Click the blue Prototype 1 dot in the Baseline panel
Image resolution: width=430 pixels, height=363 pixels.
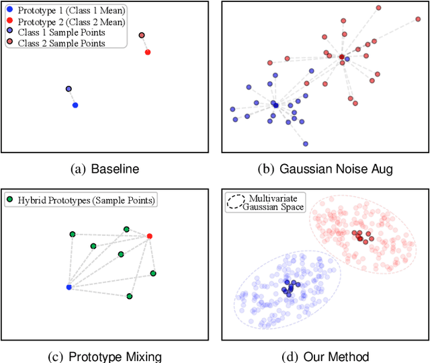[75, 105]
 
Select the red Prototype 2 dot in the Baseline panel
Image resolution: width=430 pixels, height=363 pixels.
[148, 52]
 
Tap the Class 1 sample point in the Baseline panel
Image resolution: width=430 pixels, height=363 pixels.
[69, 89]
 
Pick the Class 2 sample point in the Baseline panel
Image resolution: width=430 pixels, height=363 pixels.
[141, 35]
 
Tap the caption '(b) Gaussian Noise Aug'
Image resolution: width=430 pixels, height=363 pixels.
[325, 169]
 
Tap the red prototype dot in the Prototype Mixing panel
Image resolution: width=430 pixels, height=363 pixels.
[149, 236]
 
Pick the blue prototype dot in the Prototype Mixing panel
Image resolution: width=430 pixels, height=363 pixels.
[69, 287]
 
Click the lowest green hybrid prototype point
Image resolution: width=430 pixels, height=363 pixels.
[130, 296]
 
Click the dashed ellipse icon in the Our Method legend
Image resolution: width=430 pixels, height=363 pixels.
[236, 202]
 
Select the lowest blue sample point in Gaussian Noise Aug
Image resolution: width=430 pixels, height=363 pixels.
[305, 143]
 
